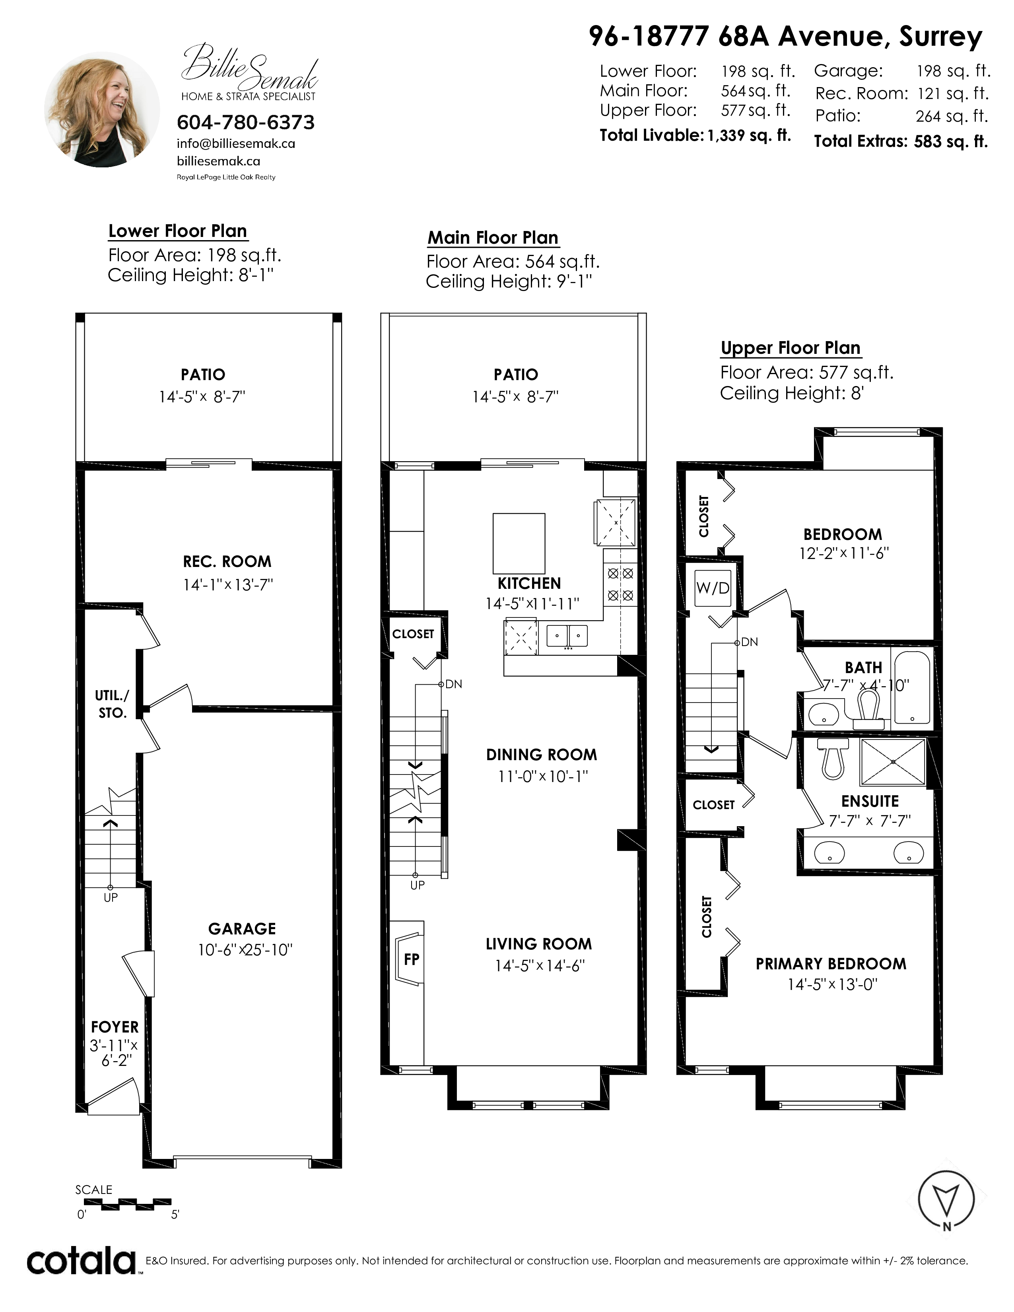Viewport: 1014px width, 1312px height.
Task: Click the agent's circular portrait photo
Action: pyautogui.click(x=102, y=109)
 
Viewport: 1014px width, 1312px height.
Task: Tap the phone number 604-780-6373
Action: pyautogui.click(x=246, y=122)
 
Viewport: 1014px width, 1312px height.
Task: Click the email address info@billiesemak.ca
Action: pyautogui.click(x=236, y=144)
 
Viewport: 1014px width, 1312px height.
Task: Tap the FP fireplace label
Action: pyautogui.click(x=412, y=959)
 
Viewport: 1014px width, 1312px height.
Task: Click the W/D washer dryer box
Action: pyautogui.click(x=713, y=588)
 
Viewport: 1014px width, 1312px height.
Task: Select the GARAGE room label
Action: pyautogui.click(x=242, y=929)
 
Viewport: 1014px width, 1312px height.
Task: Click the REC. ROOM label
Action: pyautogui.click(x=227, y=562)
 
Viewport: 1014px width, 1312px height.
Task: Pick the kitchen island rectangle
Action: pyautogui.click(x=519, y=543)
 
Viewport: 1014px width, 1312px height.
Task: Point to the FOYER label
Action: pyautogui.click(x=115, y=1027)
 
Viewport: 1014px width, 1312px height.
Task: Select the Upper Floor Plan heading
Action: pyautogui.click(x=791, y=348)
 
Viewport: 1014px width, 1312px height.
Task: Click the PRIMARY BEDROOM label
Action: pyautogui.click(x=831, y=964)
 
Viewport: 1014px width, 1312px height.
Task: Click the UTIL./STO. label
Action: pyautogui.click(x=112, y=704)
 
